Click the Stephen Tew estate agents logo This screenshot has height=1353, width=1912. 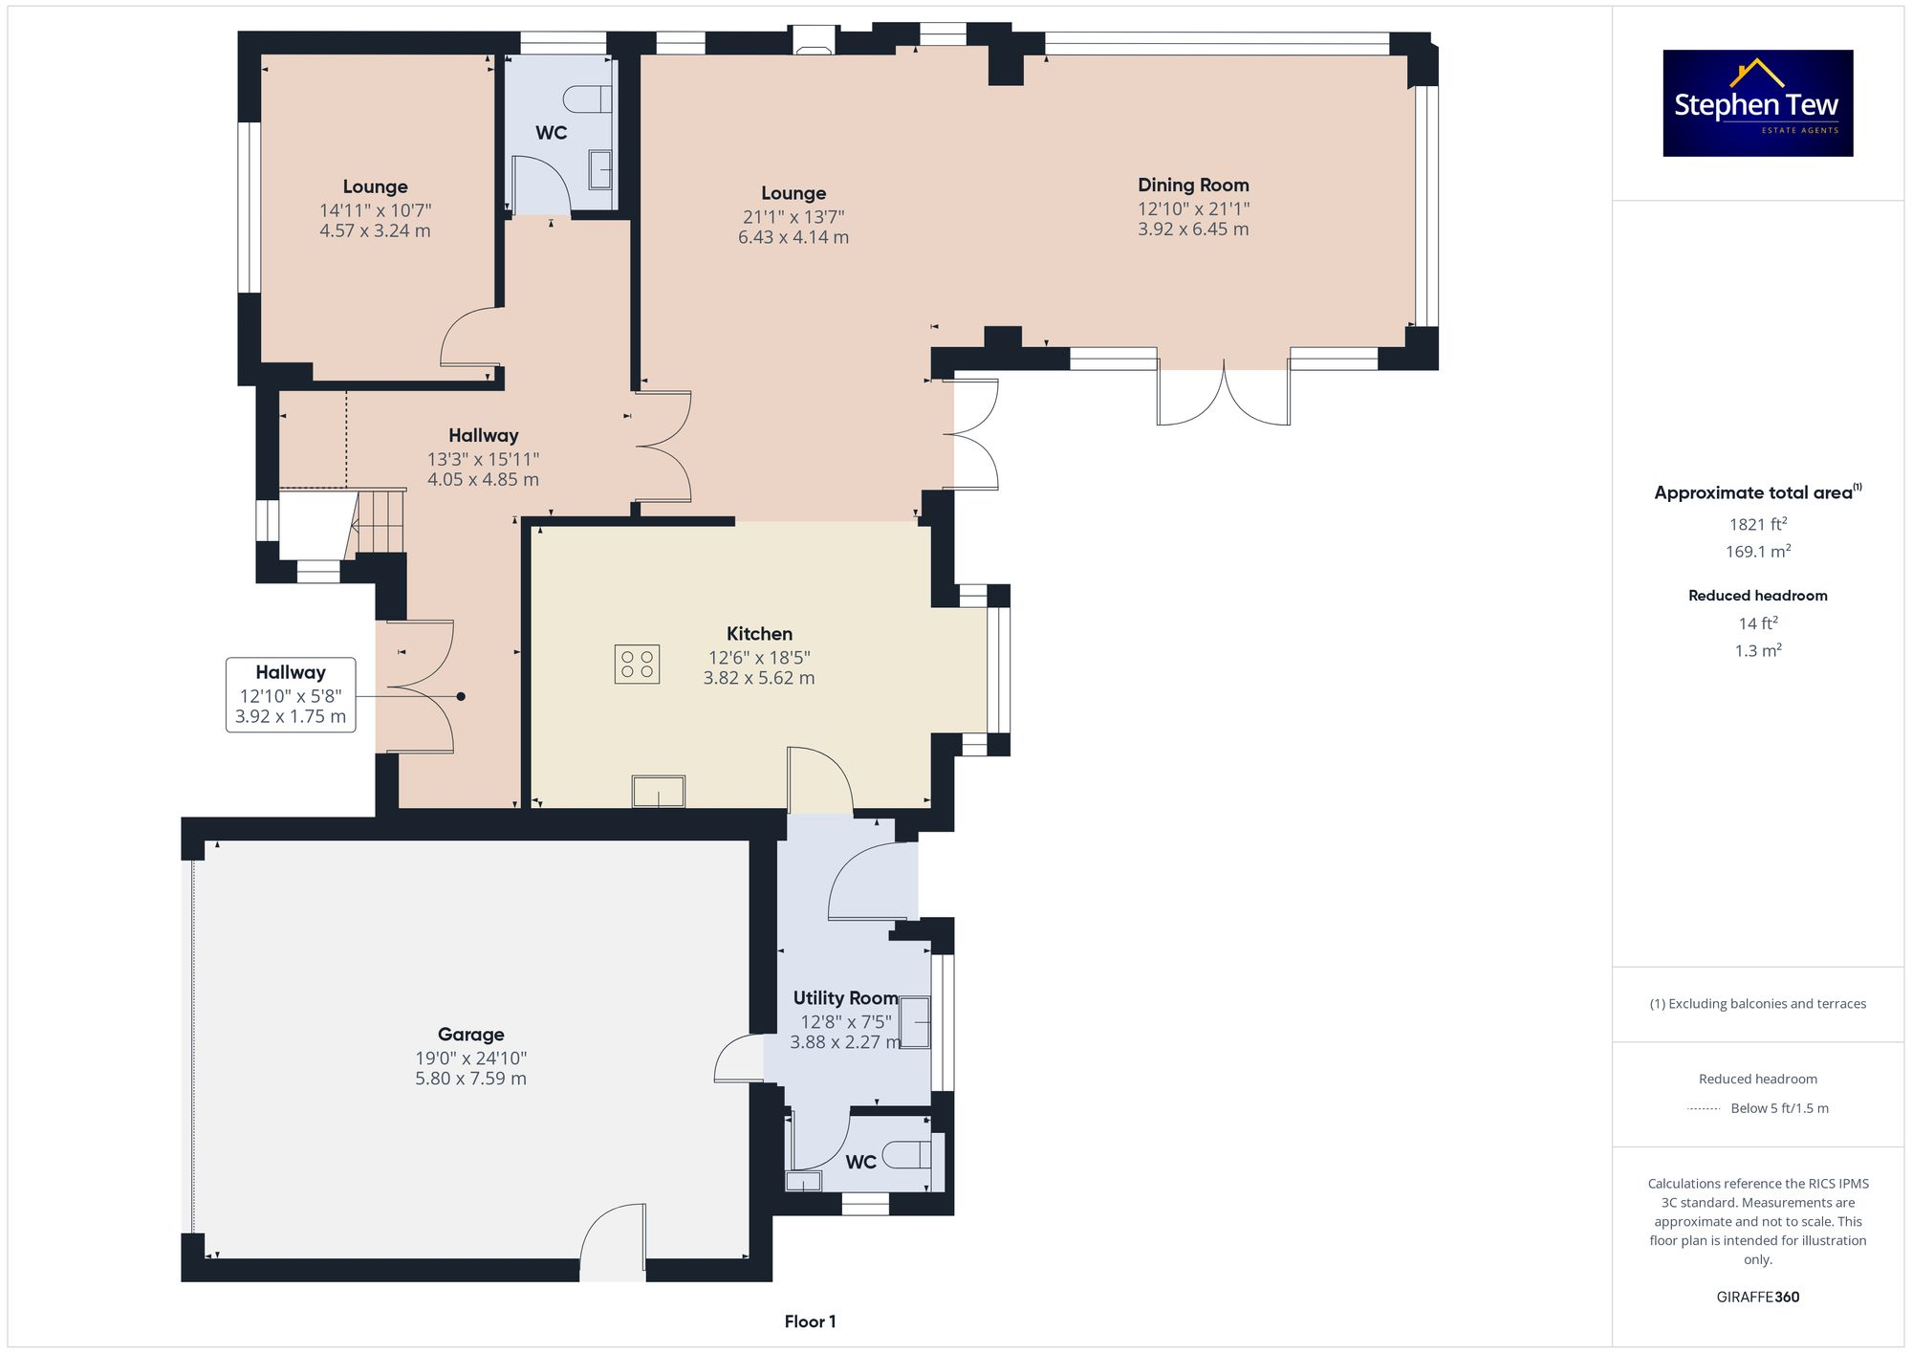pos(1757,103)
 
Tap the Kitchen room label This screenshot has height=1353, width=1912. pos(759,634)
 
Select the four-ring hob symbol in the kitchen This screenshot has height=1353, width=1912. pos(637,665)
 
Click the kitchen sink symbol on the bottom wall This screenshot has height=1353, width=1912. pos(658,792)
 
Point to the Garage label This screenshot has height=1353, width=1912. pos(470,1035)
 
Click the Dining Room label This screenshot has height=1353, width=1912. pos(1193,185)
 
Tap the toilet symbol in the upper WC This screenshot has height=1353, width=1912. pos(588,99)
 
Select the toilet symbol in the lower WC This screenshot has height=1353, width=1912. pos(907,1155)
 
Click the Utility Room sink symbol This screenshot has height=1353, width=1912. pos(915,1022)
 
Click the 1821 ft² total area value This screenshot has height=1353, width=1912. pos(1757,524)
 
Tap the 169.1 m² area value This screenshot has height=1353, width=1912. pos(1757,552)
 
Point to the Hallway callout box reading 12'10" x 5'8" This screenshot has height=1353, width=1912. pos(291,695)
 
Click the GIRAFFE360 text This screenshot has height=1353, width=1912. pos(1757,1298)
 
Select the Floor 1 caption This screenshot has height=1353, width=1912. pos(810,1322)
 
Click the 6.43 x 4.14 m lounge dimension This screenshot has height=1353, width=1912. pos(793,237)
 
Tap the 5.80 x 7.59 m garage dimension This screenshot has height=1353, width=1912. pos(470,1079)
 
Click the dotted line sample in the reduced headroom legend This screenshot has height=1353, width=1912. pos(1704,1109)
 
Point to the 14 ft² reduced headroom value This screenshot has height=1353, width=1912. pos(1757,623)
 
